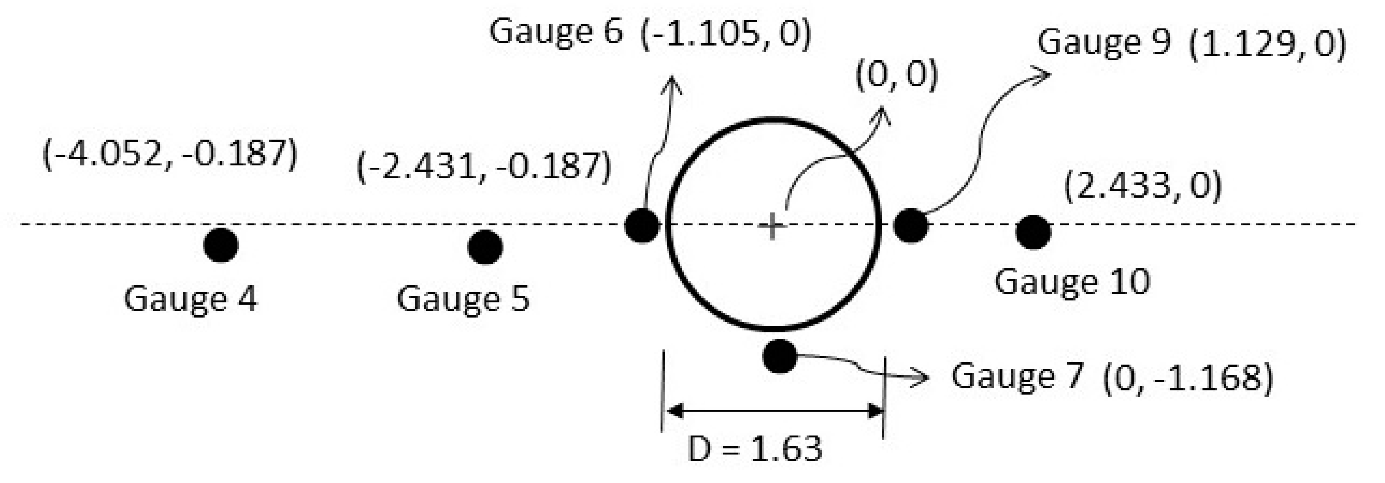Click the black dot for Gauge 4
pyautogui.click(x=221, y=246)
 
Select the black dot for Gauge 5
pyautogui.click(x=485, y=248)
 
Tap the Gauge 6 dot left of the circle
pyautogui.click(x=642, y=226)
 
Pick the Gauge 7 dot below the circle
pyautogui.click(x=779, y=356)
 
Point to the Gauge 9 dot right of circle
pyautogui.click(x=911, y=226)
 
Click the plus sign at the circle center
pyautogui.click(x=772, y=226)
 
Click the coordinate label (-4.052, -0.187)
pyautogui.click(x=170, y=154)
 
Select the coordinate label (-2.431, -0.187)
pyautogui.click(x=484, y=166)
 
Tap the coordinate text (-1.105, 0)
pyautogui.click(x=726, y=33)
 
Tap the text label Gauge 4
pyautogui.click(x=190, y=299)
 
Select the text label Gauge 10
pyautogui.click(x=1072, y=281)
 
